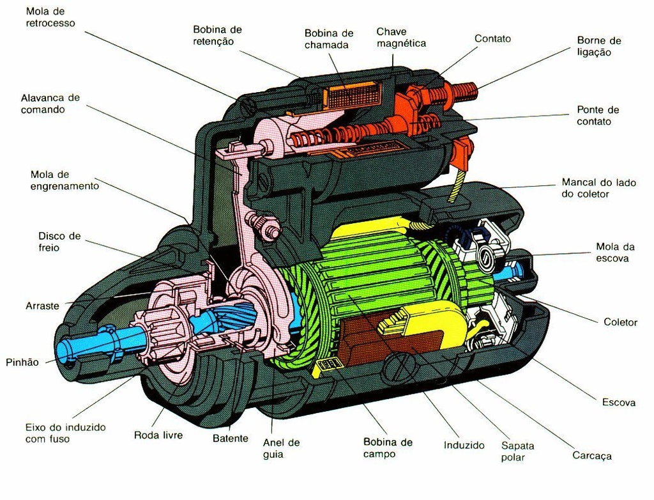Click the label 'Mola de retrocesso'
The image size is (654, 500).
(x=50, y=17)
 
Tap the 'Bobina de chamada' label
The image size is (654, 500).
(x=328, y=38)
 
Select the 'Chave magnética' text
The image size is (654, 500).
(x=400, y=37)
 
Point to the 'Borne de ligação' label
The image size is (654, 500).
(x=598, y=47)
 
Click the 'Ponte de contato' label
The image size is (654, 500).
(x=598, y=116)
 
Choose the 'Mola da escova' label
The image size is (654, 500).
(x=612, y=253)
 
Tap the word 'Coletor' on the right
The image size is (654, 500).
(x=620, y=322)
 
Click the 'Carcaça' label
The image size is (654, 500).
(x=591, y=456)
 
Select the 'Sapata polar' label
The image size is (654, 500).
(x=517, y=451)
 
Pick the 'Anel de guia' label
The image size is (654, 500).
(x=281, y=448)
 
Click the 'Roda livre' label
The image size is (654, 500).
(x=158, y=435)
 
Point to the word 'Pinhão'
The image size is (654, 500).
(x=22, y=363)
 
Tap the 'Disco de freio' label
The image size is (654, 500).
(x=59, y=242)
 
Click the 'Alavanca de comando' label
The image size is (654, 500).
(x=50, y=104)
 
